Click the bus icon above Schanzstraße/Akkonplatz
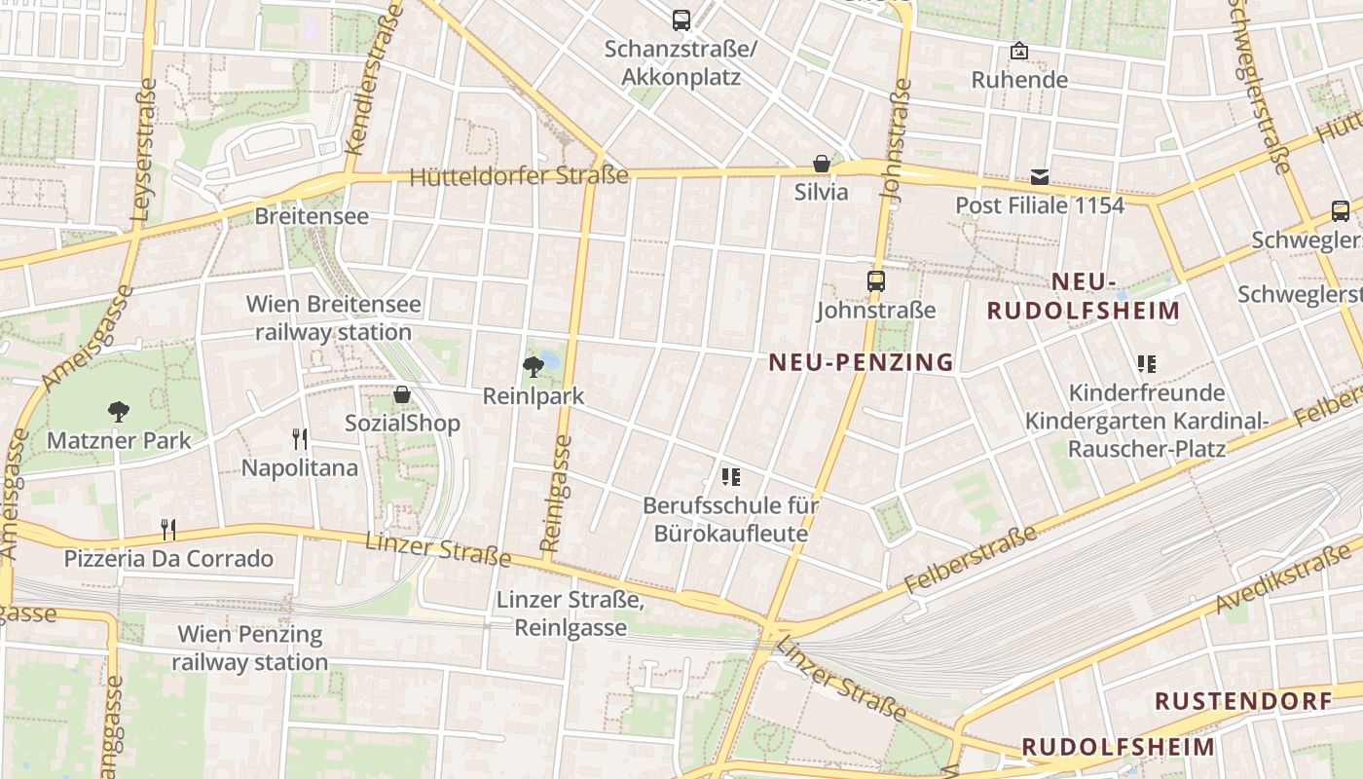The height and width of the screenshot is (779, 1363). click(681, 19)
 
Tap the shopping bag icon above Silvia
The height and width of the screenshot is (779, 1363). click(822, 164)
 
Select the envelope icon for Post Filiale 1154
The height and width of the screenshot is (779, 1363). click(1040, 177)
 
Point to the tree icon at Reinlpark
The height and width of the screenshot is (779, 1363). click(534, 367)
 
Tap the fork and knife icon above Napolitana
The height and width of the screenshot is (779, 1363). click(300, 439)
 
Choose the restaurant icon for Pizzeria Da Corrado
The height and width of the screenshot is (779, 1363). click(168, 530)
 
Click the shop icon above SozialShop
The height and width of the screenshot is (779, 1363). click(401, 394)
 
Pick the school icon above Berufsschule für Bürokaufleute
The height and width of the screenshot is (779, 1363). click(731, 476)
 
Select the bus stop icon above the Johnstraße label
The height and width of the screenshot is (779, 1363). click(876, 281)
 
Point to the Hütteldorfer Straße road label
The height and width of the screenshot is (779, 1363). click(519, 177)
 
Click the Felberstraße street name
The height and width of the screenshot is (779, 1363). click(971, 561)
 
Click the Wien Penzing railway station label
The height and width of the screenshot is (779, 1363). click(250, 649)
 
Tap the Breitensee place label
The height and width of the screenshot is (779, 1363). click(312, 216)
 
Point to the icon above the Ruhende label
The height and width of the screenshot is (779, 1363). click(1019, 51)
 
